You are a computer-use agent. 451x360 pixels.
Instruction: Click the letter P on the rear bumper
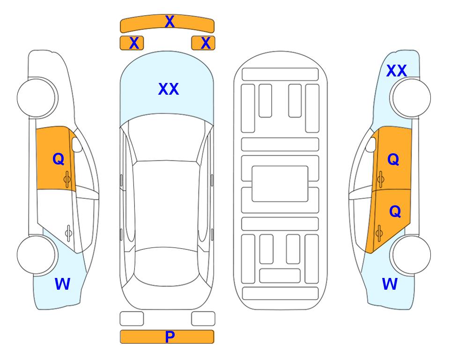click(x=170, y=337)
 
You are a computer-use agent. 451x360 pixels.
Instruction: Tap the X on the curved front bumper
click(x=170, y=22)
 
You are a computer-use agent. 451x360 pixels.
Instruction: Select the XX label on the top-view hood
click(x=169, y=89)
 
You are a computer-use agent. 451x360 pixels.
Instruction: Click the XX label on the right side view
click(x=396, y=71)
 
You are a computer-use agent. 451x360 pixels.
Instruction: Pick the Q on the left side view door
click(x=59, y=159)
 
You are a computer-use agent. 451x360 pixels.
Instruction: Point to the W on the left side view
click(x=62, y=284)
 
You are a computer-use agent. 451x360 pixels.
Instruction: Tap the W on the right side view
click(x=390, y=284)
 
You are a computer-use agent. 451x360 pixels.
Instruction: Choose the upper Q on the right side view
click(x=393, y=159)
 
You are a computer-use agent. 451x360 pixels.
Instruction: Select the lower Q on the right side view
click(x=395, y=212)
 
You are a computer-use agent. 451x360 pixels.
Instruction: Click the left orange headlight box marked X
click(x=132, y=43)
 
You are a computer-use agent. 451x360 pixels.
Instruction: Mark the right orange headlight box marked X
click(x=203, y=43)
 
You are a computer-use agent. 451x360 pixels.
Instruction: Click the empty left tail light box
click(x=132, y=319)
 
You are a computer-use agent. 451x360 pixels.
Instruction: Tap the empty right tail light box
click(x=203, y=319)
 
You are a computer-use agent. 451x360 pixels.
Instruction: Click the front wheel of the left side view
click(x=37, y=98)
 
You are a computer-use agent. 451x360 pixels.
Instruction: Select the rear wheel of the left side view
click(x=37, y=255)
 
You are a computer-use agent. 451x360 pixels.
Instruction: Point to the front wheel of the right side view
click(x=411, y=98)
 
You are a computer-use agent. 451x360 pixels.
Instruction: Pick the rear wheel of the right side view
click(x=411, y=255)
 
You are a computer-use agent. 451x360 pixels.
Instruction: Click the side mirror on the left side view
click(x=77, y=144)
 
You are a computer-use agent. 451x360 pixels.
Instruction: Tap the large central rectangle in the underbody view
click(x=280, y=184)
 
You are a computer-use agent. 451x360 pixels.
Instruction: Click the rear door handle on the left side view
click(x=68, y=233)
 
